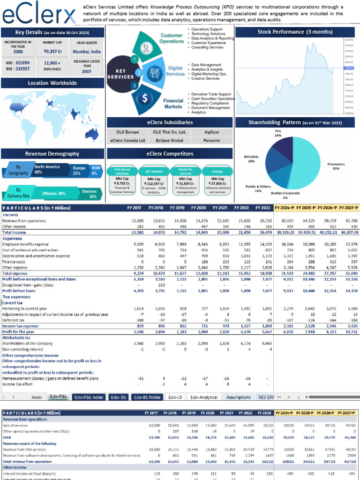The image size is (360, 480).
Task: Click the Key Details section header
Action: click(x=52, y=32)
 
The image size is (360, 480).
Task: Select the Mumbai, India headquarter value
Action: click(x=87, y=52)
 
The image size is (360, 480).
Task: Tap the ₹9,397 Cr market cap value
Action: click(x=52, y=52)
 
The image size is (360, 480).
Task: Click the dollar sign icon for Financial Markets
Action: click(x=145, y=99)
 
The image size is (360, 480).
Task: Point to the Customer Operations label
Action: click(x=172, y=38)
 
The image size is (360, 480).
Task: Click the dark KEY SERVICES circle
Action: click(x=121, y=74)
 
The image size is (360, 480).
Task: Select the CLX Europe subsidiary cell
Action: click(x=127, y=132)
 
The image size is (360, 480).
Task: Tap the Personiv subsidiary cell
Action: click(x=212, y=140)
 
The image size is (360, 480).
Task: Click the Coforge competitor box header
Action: click(x=217, y=171)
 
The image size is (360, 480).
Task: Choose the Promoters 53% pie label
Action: click(x=336, y=166)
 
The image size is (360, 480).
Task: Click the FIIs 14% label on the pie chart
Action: click(x=278, y=134)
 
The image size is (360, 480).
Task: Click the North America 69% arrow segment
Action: click(x=48, y=169)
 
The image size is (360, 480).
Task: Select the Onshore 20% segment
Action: click(x=89, y=194)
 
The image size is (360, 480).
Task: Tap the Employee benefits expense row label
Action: click(x=25, y=244)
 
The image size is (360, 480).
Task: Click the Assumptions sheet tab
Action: click(x=238, y=397)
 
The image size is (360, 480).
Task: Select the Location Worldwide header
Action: click(x=52, y=83)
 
